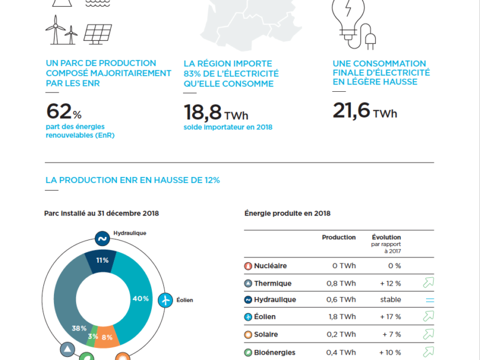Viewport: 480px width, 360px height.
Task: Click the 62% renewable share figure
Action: point(63,112)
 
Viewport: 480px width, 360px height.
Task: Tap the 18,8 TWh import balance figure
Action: point(214,112)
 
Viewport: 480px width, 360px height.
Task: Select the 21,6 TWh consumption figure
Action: point(364,112)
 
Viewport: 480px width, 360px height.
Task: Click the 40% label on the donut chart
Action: point(140,299)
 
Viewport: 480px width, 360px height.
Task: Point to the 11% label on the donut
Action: point(102,260)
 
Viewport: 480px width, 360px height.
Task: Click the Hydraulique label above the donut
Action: point(130,233)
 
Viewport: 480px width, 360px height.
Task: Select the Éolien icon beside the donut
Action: point(165,299)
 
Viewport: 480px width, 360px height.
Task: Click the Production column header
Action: point(338,237)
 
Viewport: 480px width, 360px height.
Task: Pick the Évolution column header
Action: point(386,237)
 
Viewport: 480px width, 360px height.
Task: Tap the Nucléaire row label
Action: point(270,266)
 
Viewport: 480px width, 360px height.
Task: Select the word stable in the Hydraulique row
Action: point(389,300)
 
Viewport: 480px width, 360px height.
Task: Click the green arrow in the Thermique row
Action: point(428,283)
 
